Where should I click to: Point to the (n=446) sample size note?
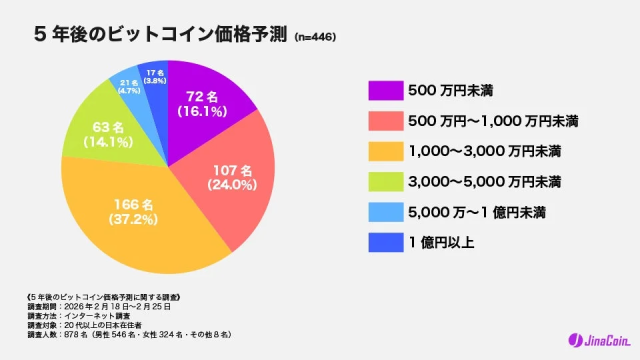click(x=315, y=38)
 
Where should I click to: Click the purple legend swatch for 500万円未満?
click(x=385, y=90)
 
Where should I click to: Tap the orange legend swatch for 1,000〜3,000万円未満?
click(x=385, y=151)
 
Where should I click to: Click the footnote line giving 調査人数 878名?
click(x=130, y=333)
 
